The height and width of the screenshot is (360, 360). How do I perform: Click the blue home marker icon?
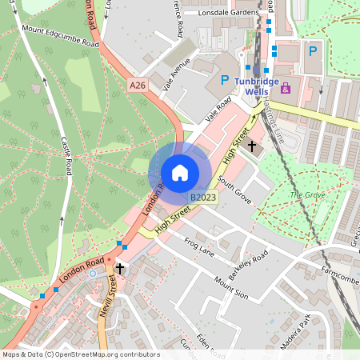(x=180, y=172)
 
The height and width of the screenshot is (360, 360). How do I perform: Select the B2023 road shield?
(x=203, y=197)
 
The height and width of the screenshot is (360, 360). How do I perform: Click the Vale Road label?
(x=217, y=109)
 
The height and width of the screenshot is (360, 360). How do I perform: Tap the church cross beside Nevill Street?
(x=120, y=269)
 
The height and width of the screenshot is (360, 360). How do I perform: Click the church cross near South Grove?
(x=252, y=146)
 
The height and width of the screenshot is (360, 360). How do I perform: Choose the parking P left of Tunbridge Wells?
(x=214, y=81)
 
